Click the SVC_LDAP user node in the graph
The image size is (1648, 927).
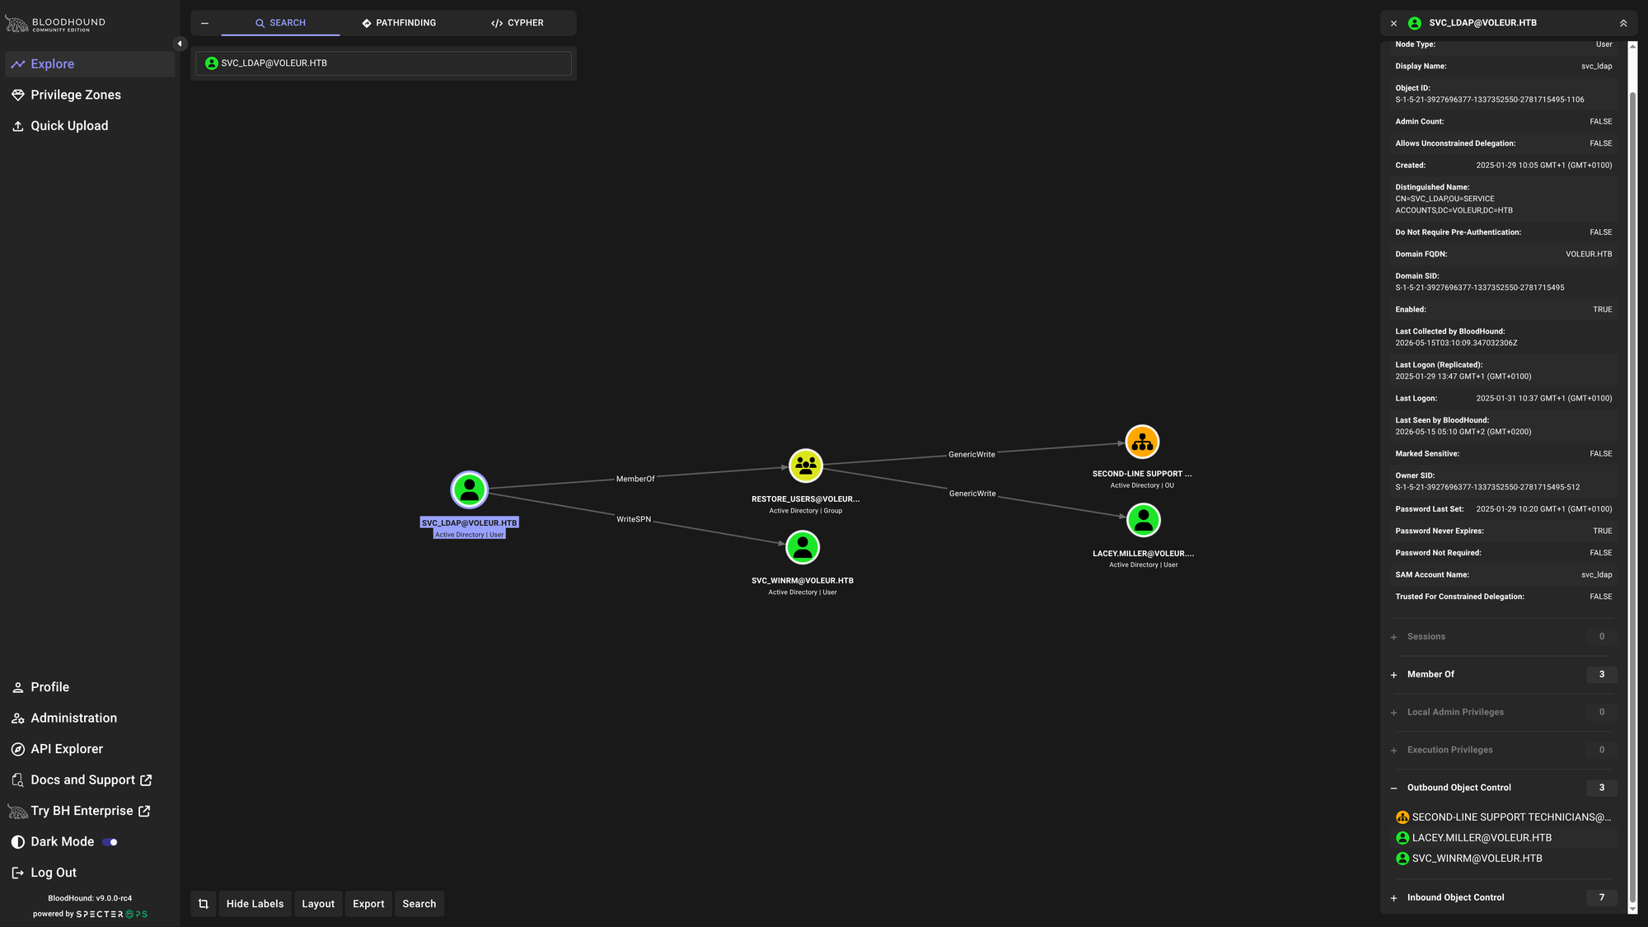point(470,490)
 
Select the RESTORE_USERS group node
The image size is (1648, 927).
point(806,466)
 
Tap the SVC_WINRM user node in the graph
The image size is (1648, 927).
point(803,547)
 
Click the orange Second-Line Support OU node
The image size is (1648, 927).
point(1142,442)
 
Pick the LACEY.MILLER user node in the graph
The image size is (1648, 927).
point(1143,520)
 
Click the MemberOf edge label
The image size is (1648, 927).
point(635,479)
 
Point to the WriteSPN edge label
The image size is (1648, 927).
point(634,519)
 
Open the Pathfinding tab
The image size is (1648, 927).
point(399,23)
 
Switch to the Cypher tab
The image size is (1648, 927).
point(517,23)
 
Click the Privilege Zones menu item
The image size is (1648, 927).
point(76,95)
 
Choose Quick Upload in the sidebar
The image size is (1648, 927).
point(69,126)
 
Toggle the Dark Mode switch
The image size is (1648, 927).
point(110,842)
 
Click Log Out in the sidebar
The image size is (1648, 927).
point(54,873)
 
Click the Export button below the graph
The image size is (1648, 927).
point(368,904)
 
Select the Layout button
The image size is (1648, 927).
point(318,904)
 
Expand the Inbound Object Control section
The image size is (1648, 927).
point(1455,897)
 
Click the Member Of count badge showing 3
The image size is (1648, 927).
point(1602,674)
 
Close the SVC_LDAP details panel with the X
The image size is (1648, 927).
point(1393,24)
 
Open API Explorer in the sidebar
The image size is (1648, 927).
point(67,749)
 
